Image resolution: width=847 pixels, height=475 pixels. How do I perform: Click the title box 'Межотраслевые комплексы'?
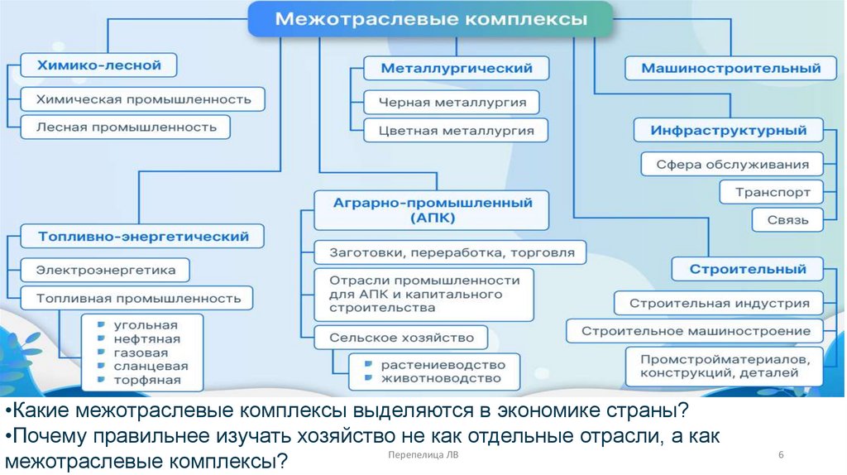430,19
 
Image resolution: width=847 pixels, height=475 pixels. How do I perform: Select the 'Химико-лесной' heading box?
98,65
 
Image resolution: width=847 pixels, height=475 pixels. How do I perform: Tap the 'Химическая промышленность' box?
143,99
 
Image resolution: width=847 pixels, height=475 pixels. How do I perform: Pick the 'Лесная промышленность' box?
126,127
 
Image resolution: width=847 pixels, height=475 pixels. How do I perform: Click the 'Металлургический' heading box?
456,69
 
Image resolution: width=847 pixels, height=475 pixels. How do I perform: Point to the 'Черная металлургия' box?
452,103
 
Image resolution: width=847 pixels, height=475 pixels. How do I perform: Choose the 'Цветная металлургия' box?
456,131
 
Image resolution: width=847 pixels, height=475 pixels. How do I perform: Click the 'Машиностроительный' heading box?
730,69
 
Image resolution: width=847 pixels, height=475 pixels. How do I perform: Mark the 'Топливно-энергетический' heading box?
143,237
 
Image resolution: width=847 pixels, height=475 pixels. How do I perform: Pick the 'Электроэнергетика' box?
105,270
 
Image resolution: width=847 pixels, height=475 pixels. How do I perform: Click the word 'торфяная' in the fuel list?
146,381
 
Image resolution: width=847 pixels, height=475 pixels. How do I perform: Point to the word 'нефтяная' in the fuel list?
147,338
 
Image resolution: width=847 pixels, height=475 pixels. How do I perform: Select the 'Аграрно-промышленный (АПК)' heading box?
432,210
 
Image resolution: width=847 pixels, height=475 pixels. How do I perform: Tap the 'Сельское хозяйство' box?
401,338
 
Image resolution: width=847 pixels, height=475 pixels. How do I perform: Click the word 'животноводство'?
440,379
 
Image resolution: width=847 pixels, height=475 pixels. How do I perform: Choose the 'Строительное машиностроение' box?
695,331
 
